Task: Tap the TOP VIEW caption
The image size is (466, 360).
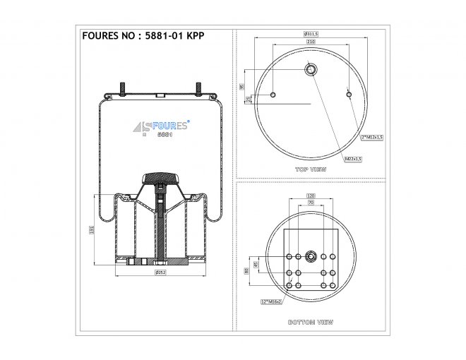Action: (x=311, y=170)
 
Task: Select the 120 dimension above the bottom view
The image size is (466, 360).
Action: (x=310, y=195)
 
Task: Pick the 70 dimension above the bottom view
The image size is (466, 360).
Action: (x=310, y=203)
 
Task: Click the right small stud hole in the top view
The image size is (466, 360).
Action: (x=349, y=93)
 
